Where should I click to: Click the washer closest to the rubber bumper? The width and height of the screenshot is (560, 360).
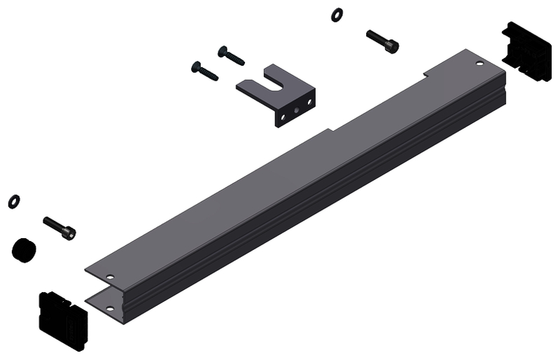pos(13,202)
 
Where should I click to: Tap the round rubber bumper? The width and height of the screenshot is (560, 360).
pos(24,249)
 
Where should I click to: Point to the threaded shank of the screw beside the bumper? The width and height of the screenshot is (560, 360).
pos(53,226)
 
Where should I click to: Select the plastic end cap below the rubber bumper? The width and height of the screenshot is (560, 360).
pos(62,319)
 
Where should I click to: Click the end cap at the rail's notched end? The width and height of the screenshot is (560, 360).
pos(526,51)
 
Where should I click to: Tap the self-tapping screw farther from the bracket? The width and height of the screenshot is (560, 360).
pos(204,70)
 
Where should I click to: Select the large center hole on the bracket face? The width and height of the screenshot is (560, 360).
pos(297,109)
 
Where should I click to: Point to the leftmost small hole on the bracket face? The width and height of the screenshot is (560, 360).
pos(283,117)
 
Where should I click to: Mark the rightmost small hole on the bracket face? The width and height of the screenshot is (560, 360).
pos(309,103)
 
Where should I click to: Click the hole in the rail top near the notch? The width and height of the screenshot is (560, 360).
pos(479,64)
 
